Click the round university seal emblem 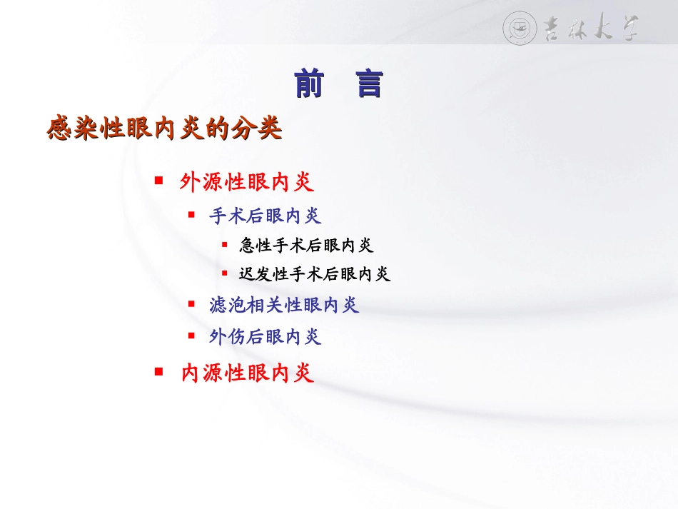pyautogui.click(x=520, y=28)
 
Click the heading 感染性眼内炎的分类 pyautogui.click(x=165, y=130)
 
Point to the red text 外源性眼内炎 pyautogui.click(x=247, y=183)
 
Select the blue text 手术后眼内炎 pyautogui.click(x=265, y=216)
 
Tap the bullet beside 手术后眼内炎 pyautogui.click(x=191, y=213)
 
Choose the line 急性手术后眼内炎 pyautogui.click(x=307, y=246)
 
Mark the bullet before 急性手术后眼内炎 pyautogui.click(x=224, y=243)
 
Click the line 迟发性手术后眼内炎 pyautogui.click(x=315, y=274)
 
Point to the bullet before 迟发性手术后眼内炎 pyautogui.click(x=224, y=273)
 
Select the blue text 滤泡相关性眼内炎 pyautogui.click(x=284, y=306)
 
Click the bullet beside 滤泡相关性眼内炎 pyautogui.click(x=191, y=303)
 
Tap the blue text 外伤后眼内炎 pyautogui.click(x=265, y=337)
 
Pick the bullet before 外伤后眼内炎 pyautogui.click(x=191, y=335)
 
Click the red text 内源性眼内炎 pyautogui.click(x=247, y=373)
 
